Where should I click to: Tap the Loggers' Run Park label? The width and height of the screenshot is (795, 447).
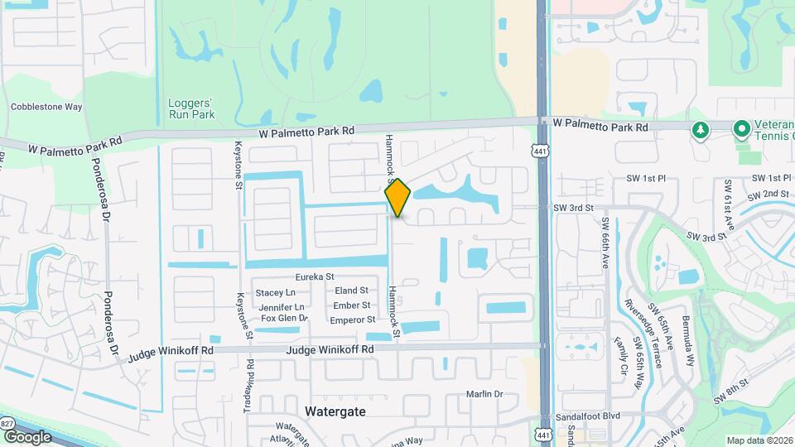click(x=191, y=108)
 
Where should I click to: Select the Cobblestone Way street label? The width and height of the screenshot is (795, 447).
click(x=46, y=107)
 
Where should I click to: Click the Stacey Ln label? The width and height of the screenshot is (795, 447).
click(x=276, y=292)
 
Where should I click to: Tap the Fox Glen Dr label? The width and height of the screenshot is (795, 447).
click(x=284, y=318)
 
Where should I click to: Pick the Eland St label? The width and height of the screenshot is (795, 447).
click(x=351, y=291)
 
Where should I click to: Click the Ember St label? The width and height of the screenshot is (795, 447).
click(x=351, y=305)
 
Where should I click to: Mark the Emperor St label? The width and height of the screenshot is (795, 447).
click(x=353, y=320)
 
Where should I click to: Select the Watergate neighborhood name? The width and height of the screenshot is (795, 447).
click(x=335, y=411)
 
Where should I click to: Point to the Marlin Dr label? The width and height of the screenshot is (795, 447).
click(x=484, y=395)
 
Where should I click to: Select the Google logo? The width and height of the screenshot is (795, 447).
click(x=26, y=436)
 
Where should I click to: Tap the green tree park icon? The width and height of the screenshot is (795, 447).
click(x=701, y=129)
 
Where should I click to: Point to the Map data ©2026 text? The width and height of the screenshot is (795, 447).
click(x=759, y=440)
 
